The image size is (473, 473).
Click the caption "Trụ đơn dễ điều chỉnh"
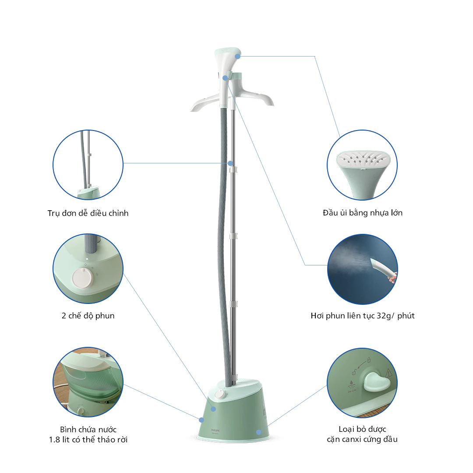tap(88, 213)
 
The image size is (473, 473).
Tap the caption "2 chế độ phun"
tap(88, 316)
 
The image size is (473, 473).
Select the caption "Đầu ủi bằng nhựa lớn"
tap(362, 213)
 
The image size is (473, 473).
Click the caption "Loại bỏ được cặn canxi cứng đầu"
tap(362, 434)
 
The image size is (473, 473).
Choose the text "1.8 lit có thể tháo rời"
tap(88, 439)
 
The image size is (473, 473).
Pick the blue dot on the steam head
tap(237, 56)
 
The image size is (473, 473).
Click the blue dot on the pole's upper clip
tap(230, 163)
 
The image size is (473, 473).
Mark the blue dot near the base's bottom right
tap(259, 432)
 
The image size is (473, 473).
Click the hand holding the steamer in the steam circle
tap(393, 276)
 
